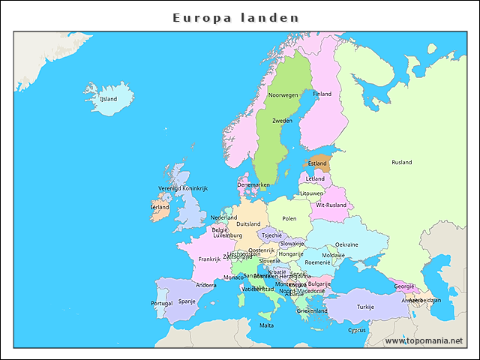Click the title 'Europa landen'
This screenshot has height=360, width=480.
tap(235, 17)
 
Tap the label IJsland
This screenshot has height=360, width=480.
tap(109, 98)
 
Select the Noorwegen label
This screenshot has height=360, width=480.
tap(283, 95)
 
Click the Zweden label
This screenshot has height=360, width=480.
tap(282, 120)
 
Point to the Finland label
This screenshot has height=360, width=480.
tap(322, 94)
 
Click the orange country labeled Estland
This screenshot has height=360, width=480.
tap(317, 163)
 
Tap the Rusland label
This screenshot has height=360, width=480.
tap(401, 162)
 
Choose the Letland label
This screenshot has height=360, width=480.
tap(315, 178)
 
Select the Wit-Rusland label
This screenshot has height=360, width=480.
tap(331, 205)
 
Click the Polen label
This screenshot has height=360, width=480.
tap(289, 218)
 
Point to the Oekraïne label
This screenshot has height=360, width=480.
tap(346, 244)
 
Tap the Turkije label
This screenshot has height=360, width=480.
tap(365, 307)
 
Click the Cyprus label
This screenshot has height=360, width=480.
tap(357, 329)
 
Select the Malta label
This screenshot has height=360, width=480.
tap(266, 325)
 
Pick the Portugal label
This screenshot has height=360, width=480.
tap(161, 303)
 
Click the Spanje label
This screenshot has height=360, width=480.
tap(187, 301)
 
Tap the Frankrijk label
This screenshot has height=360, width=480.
tap(209, 259)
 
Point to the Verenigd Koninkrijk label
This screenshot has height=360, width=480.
tap(182, 188)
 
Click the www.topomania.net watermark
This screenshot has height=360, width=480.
tap(424, 340)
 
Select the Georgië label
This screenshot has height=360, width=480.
tap(404, 286)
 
